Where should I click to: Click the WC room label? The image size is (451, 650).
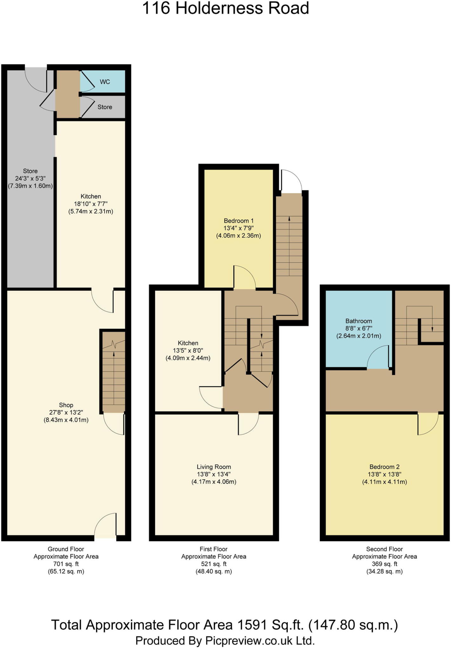point(105,82)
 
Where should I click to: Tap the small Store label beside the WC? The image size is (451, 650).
point(105,107)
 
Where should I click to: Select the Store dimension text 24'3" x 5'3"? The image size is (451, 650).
point(30,178)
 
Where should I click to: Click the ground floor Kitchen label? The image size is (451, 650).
point(91,196)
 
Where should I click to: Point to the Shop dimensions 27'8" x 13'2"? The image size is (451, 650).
point(66,413)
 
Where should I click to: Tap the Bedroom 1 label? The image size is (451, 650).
point(239,221)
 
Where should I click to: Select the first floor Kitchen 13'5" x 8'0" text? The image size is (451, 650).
point(188,351)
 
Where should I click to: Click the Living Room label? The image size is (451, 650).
point(214,467)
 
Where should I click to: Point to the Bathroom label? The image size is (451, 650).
point(359,321)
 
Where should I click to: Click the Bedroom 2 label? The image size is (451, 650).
point(384,467)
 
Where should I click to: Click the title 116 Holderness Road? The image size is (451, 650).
point(226,9)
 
